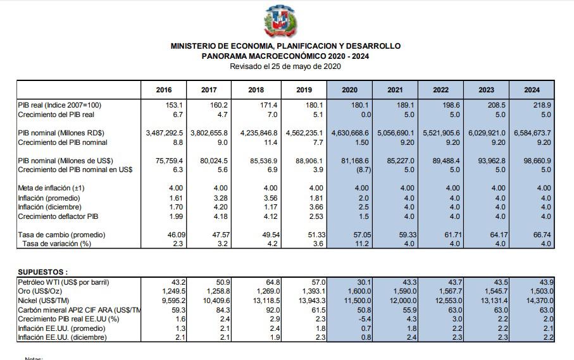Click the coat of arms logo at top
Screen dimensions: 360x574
tap(281, 22)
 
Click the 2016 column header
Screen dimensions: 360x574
tap(163, 90)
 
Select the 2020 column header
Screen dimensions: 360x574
tap(349, 90)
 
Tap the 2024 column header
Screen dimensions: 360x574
tap(532, 90)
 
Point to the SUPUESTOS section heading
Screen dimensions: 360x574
tap(42, 271)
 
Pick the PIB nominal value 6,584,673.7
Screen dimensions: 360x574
tap(529, 133)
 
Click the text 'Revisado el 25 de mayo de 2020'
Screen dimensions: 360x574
tap(285, 66)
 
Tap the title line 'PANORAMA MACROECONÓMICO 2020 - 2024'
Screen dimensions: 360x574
tap(285, 56)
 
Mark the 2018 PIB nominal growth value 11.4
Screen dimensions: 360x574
tap(268, 142)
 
